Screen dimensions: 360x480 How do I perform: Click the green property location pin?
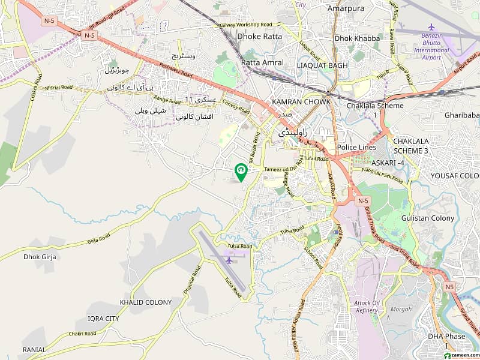coord(241,172)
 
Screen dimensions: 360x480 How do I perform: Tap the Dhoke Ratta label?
coord(259,37)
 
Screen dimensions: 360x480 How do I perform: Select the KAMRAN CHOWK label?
coord(301,102)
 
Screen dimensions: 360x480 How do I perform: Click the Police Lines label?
coord(356,148)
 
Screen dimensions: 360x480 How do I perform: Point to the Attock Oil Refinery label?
coord(367,306)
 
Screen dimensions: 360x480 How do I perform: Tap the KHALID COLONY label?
coord(145,302)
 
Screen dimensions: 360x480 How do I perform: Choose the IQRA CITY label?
coord(103,318)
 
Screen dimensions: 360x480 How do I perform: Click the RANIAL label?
coord(34,349)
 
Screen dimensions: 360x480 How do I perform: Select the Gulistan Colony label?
coord(427,218)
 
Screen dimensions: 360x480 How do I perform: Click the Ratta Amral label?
coord(262,62)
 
